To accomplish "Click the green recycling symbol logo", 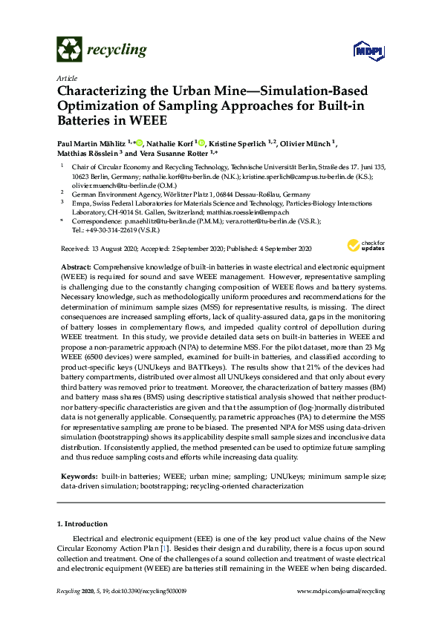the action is point(69,50).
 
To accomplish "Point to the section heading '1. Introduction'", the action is point(82,524).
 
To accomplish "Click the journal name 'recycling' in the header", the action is point(117,50).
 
